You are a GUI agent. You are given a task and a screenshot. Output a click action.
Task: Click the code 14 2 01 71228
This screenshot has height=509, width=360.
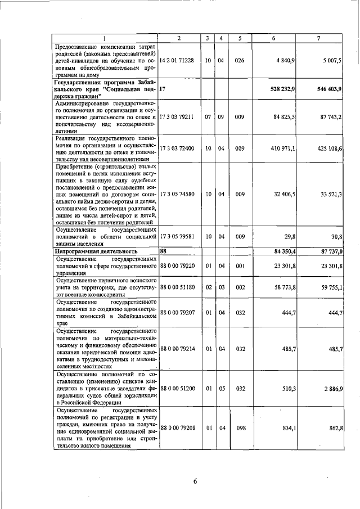[177, 60]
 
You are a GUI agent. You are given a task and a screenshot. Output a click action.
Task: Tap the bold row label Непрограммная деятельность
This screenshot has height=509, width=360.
[96, 251]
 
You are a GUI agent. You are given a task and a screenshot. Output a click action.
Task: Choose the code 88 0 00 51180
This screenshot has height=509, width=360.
[179, 287]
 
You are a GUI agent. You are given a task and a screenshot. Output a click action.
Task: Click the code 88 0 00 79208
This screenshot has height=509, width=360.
[179, 428]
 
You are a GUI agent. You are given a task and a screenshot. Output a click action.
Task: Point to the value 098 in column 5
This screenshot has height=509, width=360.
[241, 428]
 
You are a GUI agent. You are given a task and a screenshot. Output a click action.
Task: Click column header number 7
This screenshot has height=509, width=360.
[319, 38]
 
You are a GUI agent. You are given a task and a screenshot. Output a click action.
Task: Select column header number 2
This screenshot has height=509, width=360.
[179, 38]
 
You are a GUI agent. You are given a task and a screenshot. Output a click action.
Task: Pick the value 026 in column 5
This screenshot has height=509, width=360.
[240, 60]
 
